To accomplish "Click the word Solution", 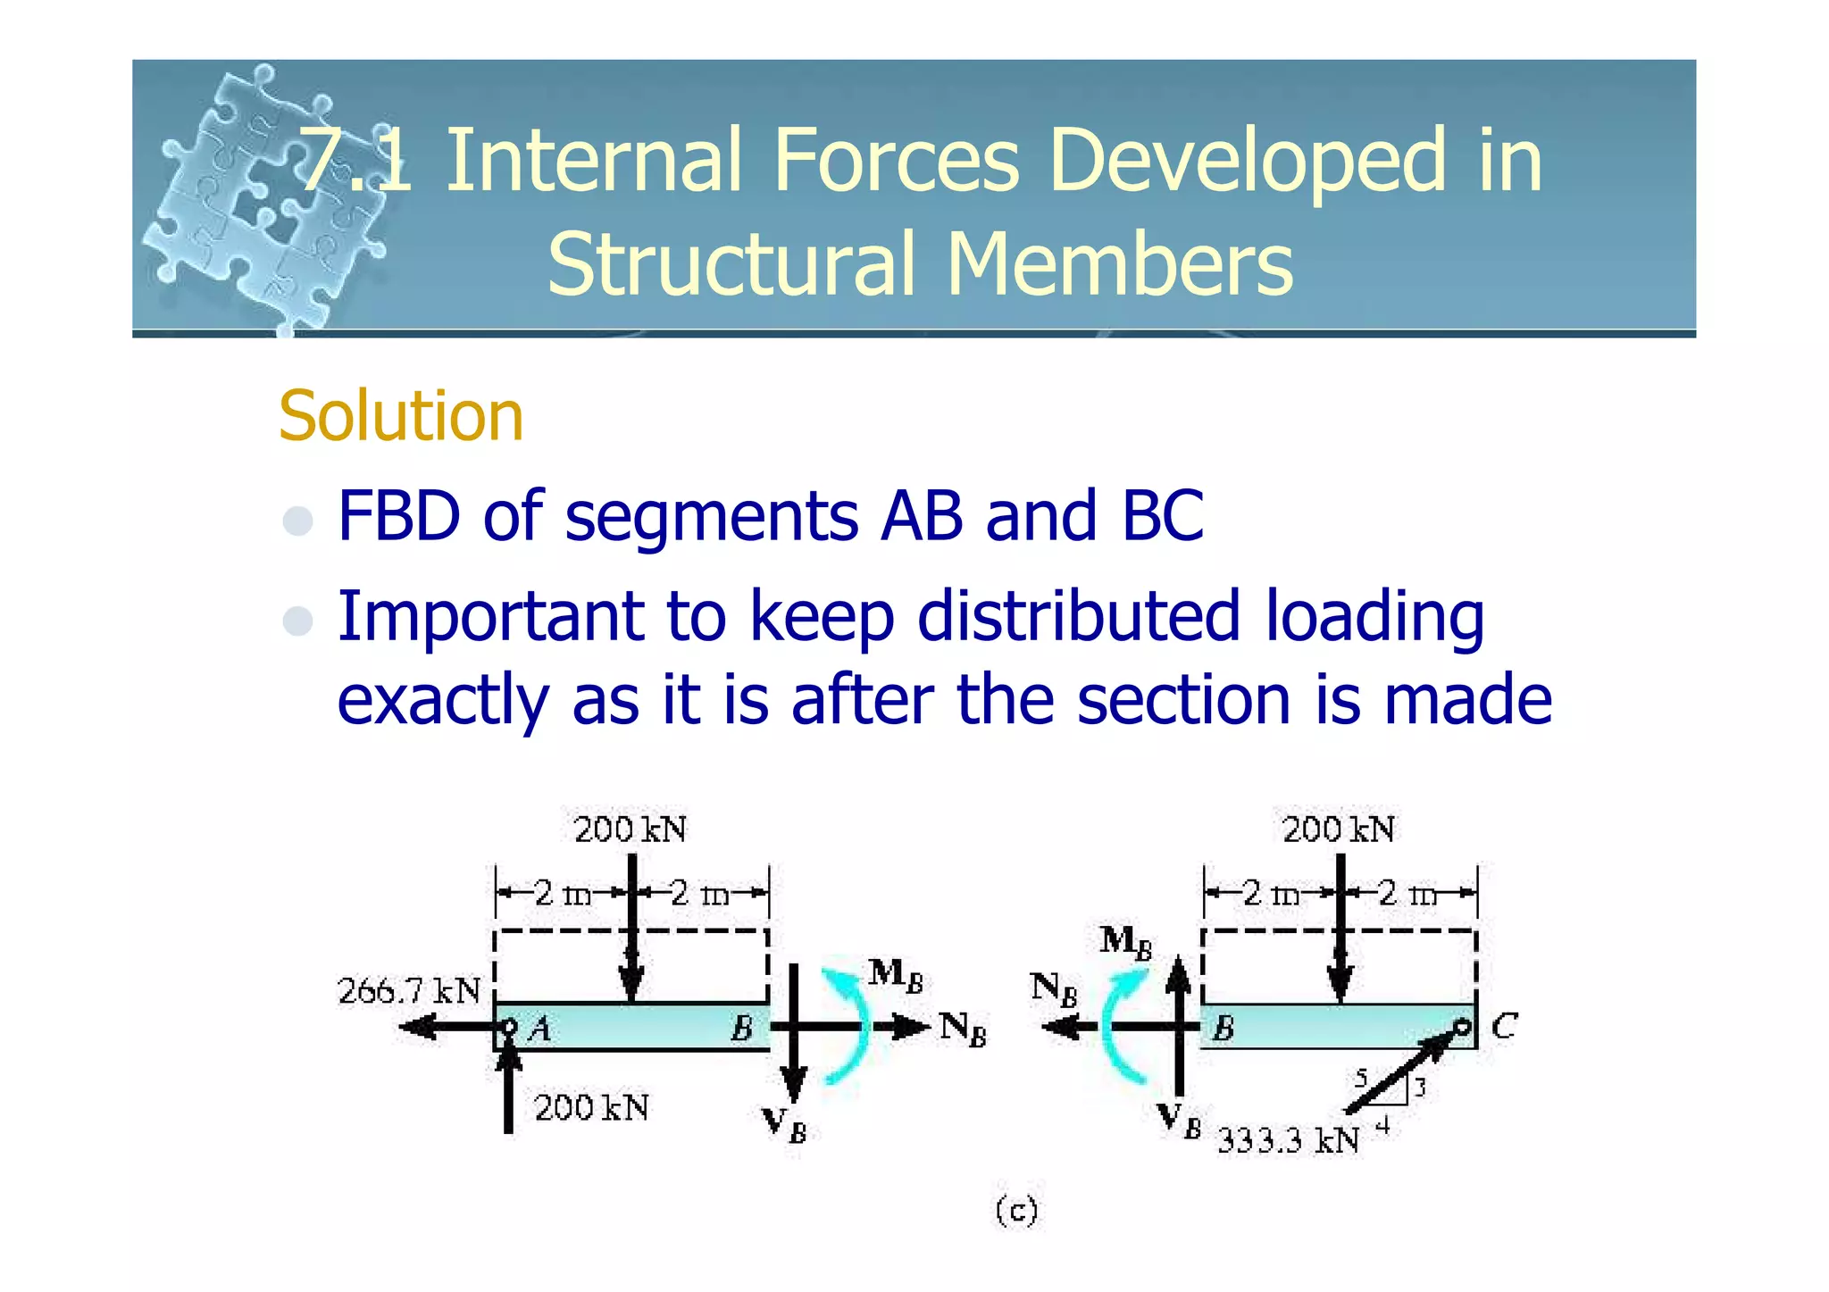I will (x=400, y=416).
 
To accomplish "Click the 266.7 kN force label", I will (x=409, y=991).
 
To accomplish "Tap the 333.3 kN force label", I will (x=1289, y=1141).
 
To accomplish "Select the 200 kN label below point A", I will (x=591, y=1108).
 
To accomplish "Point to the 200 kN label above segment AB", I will (x=630, y=829).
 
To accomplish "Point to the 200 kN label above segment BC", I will (x=1338, y=829).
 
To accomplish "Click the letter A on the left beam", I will (x=539, y=1030).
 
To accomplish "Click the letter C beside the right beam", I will (x=1504, y=1026).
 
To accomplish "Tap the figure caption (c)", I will (x=1016, y=1211).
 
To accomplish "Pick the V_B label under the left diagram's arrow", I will (x=784, y=1125).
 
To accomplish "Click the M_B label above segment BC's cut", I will (x=1125, y=942).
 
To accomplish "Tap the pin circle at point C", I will (x=1462, y=1027).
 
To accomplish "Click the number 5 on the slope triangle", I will (x=1360, y=1078).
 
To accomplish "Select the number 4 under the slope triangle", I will (x=1382, y=1127).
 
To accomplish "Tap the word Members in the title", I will (x=1119, y=264).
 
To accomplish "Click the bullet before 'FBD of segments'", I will (x=297, y=520).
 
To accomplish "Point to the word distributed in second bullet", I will (x=1079, y=617).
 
